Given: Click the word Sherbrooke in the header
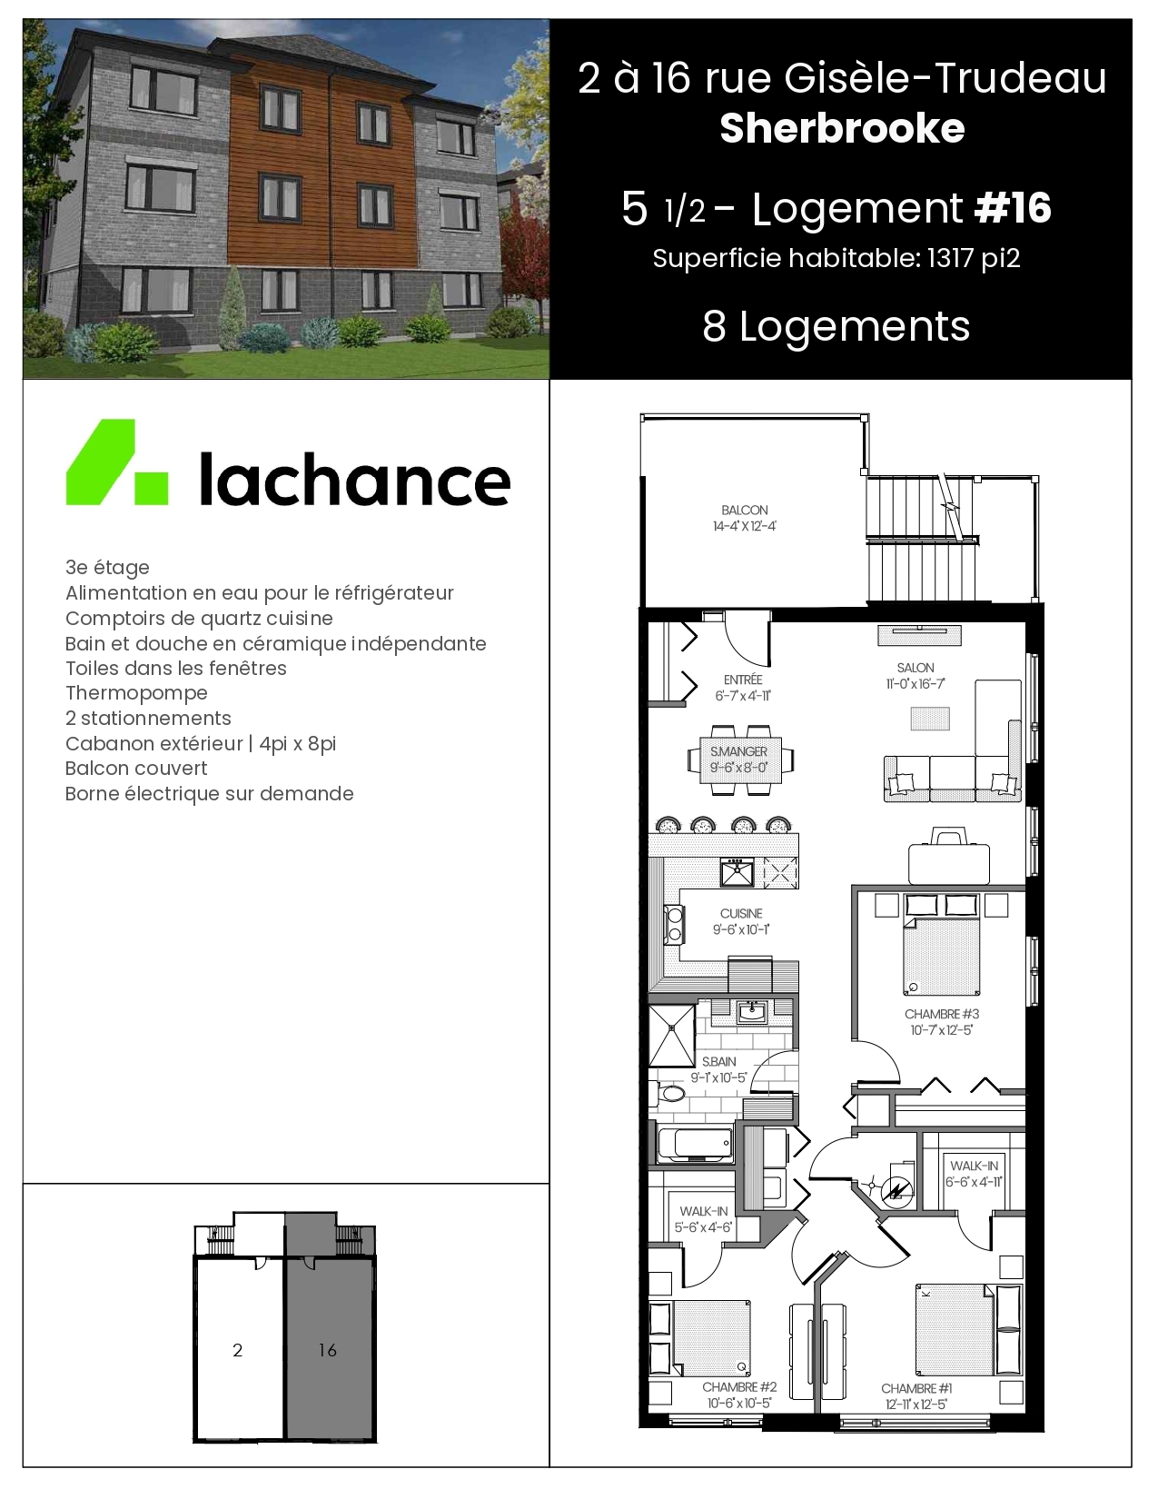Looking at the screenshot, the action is tap(842, 128).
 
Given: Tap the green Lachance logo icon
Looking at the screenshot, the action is tap(117, 462).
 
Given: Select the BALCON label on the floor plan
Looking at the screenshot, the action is tap(744, 510).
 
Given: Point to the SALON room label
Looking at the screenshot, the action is tap(916, 667).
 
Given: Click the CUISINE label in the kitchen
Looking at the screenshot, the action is tap(741, 913).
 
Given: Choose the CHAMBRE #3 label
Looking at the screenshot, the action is tap(942, 1014).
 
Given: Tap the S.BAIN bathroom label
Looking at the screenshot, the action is tap(718, 1062).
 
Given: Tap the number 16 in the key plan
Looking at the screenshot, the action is tap(328, 1349).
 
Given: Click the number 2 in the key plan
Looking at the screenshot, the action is tap(237, 1350).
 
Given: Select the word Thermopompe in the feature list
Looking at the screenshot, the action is tap(136, 692).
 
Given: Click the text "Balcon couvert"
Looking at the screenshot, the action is tap(136, 768).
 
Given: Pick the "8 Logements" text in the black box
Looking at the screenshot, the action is tap(836, 325).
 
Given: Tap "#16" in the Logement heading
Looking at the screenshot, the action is tap(1013, 208).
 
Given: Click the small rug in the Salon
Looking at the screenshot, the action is tap(930, 719).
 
